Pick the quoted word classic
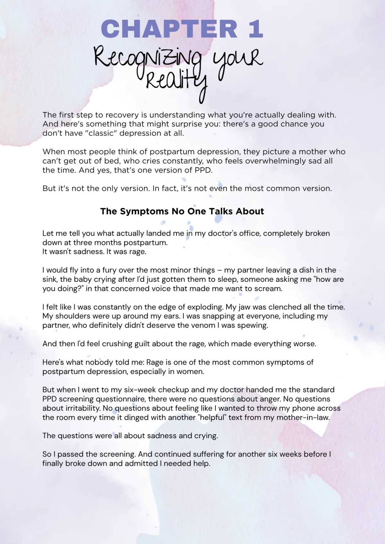click(x=101, y=133)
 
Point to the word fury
click(x=109, y=270)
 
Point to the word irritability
click(x=81, y=408)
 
